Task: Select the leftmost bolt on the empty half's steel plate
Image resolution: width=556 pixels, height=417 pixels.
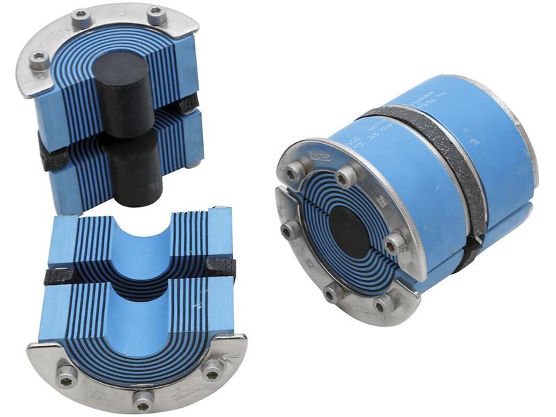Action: click(x=67, y=375)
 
